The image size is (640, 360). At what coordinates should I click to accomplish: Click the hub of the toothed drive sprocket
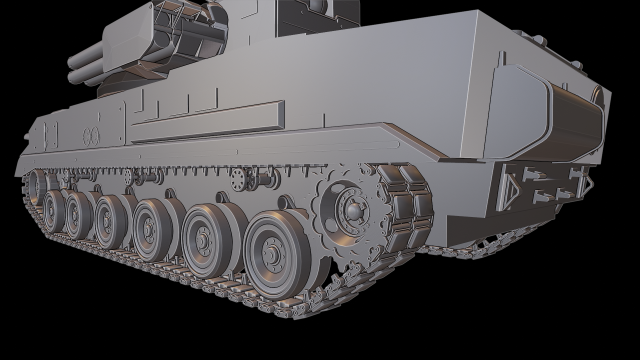click(x=351, y=209)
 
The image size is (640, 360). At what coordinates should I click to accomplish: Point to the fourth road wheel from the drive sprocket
click(x=110, y=217)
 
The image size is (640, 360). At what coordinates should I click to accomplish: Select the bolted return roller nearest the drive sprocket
click(x=239, y=176)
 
